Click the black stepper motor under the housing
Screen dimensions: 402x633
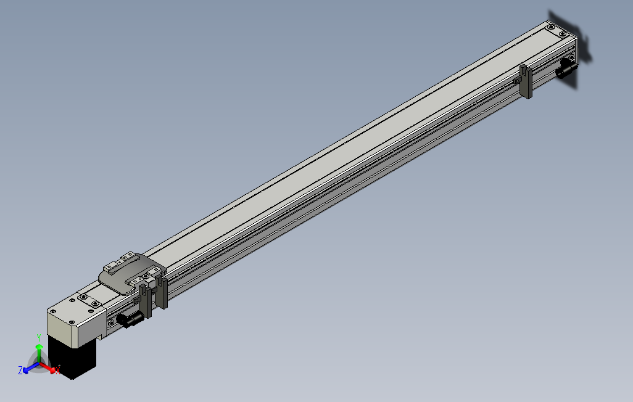pos(73,356)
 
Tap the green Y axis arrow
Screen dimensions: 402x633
pos(39,353)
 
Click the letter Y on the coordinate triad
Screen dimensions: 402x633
pos(38,337)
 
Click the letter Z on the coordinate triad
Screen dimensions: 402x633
pos(20,370)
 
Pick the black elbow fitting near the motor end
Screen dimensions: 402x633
pos(130,319)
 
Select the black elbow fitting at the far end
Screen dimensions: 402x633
pos(565,70)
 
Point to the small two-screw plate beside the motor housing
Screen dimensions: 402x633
pos(89,301)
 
